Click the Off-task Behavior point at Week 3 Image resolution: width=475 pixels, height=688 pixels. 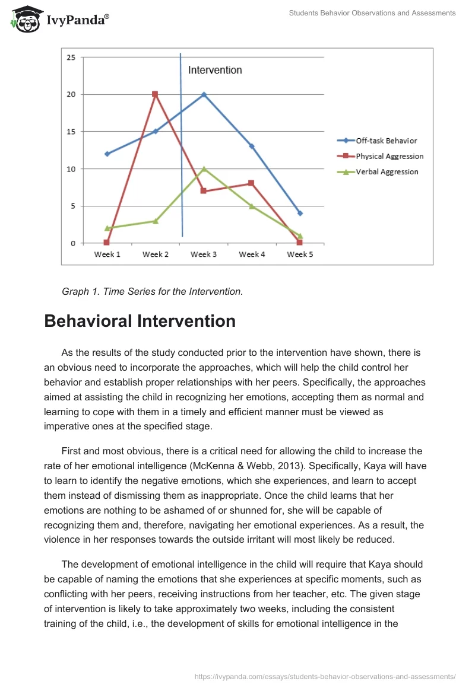[204, 94]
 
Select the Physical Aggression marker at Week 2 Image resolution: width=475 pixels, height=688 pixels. [155, 94]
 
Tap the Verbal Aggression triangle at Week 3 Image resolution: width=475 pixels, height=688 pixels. [204, 169]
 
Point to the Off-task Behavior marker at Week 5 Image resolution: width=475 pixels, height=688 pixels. [300, 213]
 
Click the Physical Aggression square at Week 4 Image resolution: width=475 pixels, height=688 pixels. [252, 183]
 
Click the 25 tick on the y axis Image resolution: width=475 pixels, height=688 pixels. [71, 58]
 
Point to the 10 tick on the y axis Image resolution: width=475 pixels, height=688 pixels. [71, 169]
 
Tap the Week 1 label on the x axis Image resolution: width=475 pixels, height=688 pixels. [107, 254]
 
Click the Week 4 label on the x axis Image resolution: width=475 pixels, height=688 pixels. [252, 254]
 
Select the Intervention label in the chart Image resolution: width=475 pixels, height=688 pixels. [215, 70]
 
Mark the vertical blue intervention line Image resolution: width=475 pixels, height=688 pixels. [181, 148]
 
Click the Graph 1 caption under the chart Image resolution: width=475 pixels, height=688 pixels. [153, 291]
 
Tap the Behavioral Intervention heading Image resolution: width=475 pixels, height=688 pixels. [140, 321]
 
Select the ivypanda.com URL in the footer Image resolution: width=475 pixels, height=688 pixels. [325, 676]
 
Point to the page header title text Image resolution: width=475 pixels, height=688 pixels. [372, 13]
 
